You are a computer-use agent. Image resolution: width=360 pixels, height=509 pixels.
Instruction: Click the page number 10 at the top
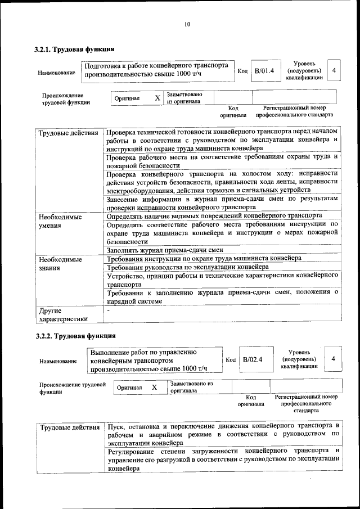(187, 24)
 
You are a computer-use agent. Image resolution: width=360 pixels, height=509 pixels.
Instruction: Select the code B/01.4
(264, 71)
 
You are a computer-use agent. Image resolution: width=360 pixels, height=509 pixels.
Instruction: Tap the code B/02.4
(252, 359)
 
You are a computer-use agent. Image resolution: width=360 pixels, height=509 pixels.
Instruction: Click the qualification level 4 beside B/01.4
(334, 71)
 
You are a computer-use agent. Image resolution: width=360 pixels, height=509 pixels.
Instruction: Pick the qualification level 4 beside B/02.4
(334, 359)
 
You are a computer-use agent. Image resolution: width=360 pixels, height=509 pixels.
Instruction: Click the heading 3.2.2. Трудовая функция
(75, 336)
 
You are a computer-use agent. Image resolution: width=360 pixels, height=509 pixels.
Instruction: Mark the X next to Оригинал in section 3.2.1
(157, 98)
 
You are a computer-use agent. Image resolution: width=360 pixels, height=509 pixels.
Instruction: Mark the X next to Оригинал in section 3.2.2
(154, 388)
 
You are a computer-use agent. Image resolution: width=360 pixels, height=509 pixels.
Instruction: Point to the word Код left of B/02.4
(231, 359)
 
